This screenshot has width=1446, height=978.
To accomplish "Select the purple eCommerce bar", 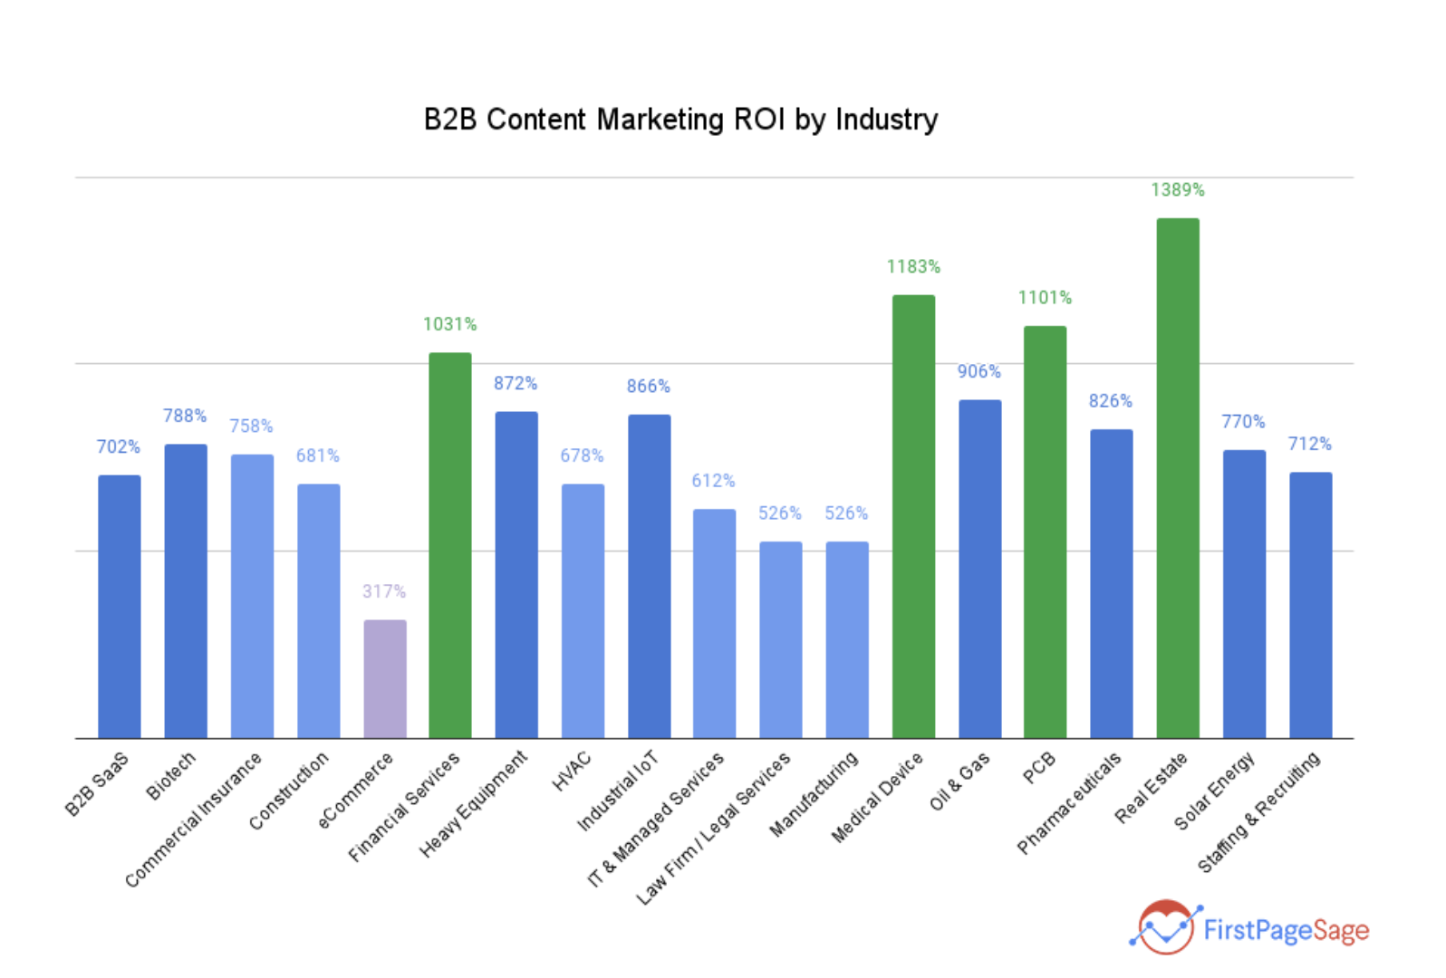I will [385, 679].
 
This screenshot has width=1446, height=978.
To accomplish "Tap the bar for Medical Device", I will [913, 516].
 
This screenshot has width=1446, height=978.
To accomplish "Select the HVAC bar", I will [583, 611].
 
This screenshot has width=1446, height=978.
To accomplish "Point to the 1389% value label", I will [1177, 190].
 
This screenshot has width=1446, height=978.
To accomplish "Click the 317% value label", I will [384, 591].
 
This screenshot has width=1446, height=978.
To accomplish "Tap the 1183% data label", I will [913, 267].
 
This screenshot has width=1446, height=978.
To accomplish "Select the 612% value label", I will [713, 481].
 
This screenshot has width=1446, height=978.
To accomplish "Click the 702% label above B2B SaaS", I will [119, 447].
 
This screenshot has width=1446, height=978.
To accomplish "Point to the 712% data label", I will [1309, 444].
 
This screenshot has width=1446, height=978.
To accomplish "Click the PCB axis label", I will [1039, 768].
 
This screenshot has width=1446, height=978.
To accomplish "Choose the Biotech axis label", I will [171, 776].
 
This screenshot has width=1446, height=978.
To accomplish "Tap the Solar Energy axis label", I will [1214, 791].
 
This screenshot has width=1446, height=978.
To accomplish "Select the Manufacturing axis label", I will [813, 794].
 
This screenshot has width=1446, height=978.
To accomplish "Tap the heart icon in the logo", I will [1166, 926].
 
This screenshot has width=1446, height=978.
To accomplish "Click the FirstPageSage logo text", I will [1286, 930].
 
